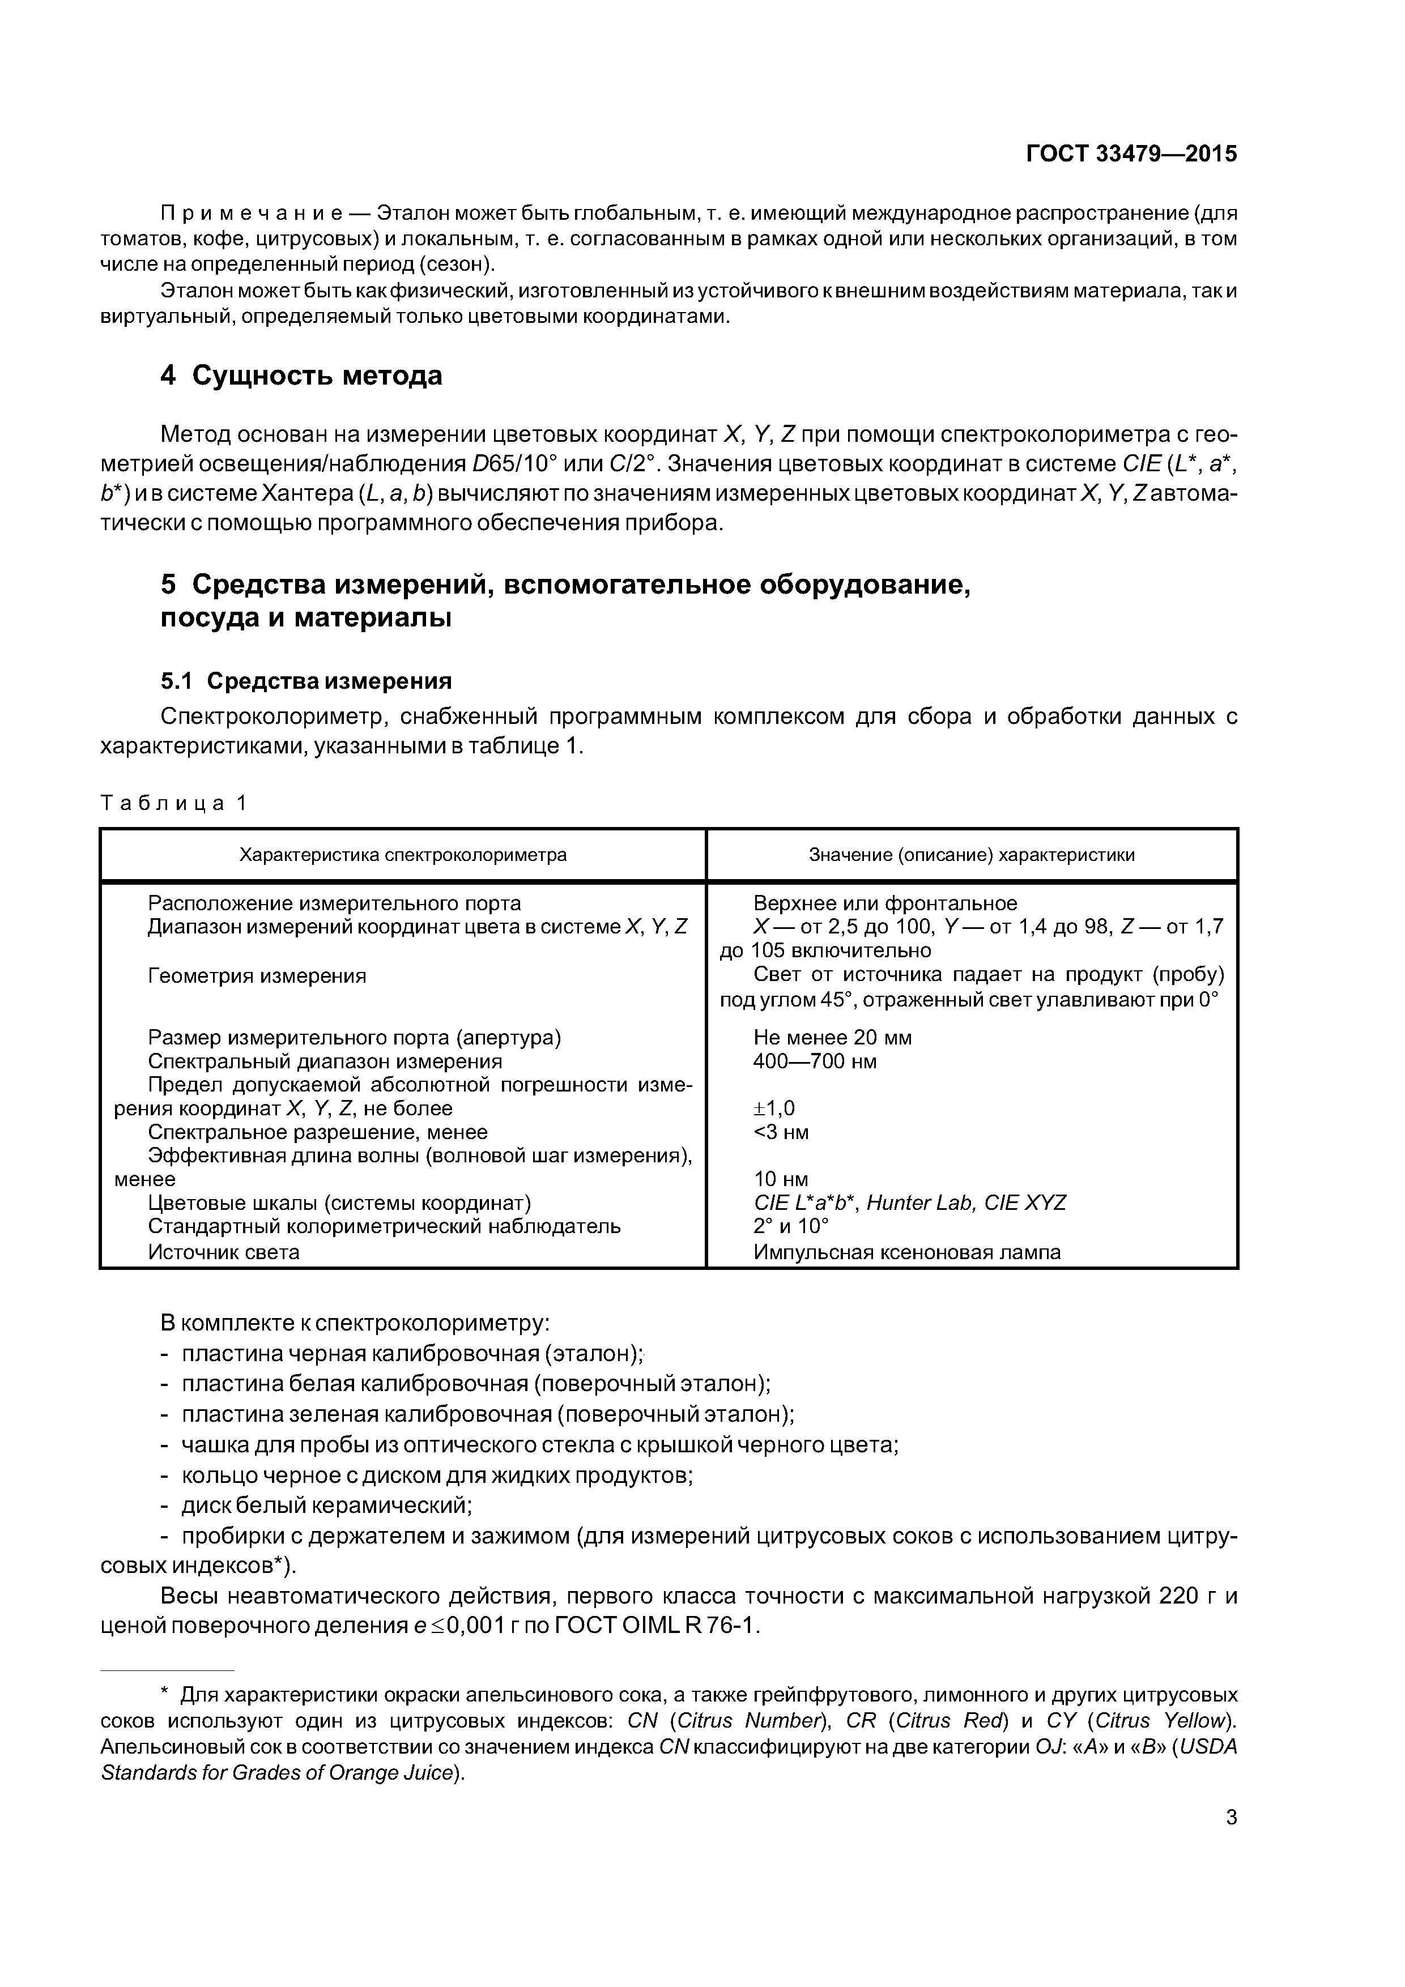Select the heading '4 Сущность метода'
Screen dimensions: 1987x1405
(301, 376)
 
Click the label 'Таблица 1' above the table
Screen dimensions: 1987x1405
(174, 803)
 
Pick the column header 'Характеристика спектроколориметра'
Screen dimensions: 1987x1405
(403, 855)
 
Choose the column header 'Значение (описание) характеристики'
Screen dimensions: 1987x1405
(971, 855)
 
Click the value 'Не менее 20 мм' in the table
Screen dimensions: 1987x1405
(832, 1037)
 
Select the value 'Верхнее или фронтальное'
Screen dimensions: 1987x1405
(885, 903)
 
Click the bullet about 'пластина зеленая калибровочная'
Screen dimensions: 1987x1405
(487, 1414)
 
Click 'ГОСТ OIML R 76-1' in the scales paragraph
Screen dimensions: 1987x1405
(655, 1626)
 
